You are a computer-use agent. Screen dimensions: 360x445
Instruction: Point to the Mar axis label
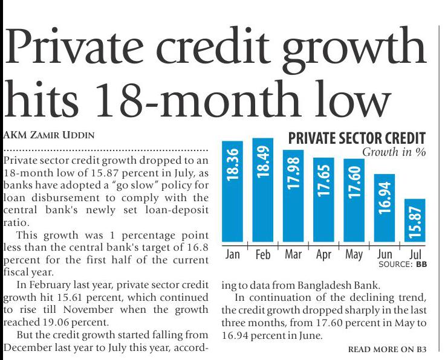[293, 254]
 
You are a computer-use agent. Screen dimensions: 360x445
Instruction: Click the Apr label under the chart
[323, 254]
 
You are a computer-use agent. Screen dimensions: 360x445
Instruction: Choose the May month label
[354, 254]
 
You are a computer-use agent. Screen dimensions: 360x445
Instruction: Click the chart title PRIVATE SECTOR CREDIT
[357, 138]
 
